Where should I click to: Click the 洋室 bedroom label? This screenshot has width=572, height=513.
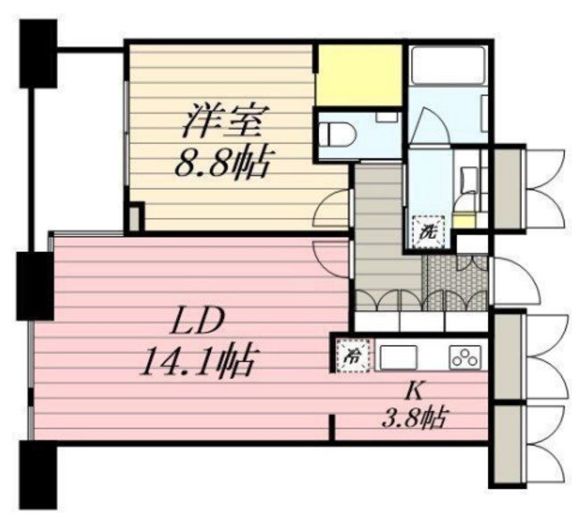point(226,121)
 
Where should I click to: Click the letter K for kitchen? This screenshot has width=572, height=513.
point(414,392)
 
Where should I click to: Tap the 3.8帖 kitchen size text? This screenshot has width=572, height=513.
point(415,417)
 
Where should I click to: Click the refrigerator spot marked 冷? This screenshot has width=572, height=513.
point(353,356)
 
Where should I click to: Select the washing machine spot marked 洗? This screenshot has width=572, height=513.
point(428,232)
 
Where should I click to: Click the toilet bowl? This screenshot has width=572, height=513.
point(337,134)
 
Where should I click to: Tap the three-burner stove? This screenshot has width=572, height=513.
point(465,356)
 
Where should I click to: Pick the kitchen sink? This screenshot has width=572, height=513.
point(399,357)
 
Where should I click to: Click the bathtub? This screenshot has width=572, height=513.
point(448,65)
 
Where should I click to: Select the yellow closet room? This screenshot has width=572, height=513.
point(359,75)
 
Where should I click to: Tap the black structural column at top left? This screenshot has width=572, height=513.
point(38,54)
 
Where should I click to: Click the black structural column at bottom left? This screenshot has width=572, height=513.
point(38,475)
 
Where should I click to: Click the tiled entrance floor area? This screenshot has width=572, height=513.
point(455,282)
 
